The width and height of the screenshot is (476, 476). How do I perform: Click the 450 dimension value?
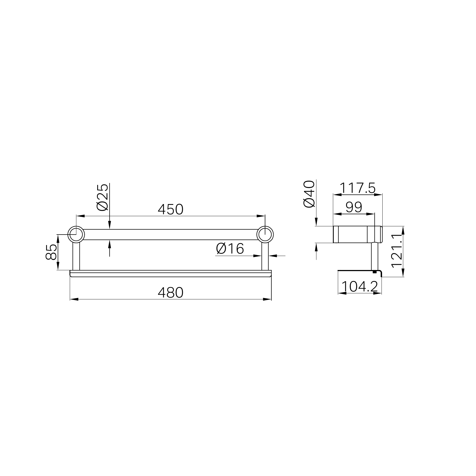[170, 210]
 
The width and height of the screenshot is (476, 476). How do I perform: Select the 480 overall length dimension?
[170, 293]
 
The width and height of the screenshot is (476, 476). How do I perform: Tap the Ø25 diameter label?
[103, 197]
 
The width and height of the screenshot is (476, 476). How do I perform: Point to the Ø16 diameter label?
[230, 249]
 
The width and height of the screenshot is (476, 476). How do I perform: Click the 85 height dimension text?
[51, 252]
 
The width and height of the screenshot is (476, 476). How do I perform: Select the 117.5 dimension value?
[358, 188]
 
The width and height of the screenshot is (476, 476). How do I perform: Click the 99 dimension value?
[354, 207]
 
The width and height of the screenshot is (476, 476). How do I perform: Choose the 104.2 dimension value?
[360, 287]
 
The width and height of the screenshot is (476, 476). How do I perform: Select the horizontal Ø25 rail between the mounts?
[170, 235]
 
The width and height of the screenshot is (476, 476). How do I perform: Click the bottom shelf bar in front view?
[170, 274]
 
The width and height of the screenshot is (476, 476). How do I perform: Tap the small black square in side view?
[374, 272]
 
